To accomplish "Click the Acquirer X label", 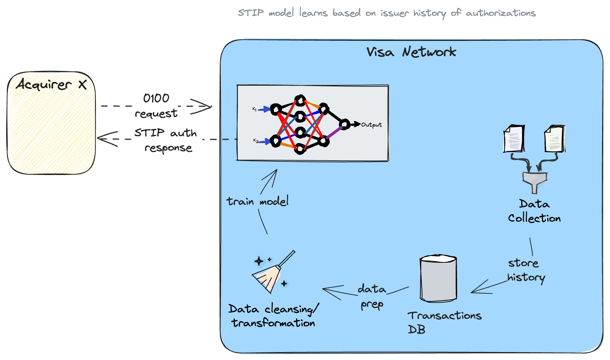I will [51, 85].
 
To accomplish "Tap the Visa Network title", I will [411, 52].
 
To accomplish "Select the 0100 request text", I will [156, 106].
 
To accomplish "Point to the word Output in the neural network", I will [371, 125].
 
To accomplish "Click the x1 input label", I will [254, 109].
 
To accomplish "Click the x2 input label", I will [256, 141].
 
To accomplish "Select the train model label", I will [257, 202].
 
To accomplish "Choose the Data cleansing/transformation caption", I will [273, 316].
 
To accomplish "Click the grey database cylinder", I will [438, 279].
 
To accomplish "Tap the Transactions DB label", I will [444, 322].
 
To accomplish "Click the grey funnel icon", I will [535, 181].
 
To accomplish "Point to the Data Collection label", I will [534, 211].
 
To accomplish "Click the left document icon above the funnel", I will [514, 139].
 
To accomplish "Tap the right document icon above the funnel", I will [554, 139].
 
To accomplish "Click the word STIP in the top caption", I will [251, 13].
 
